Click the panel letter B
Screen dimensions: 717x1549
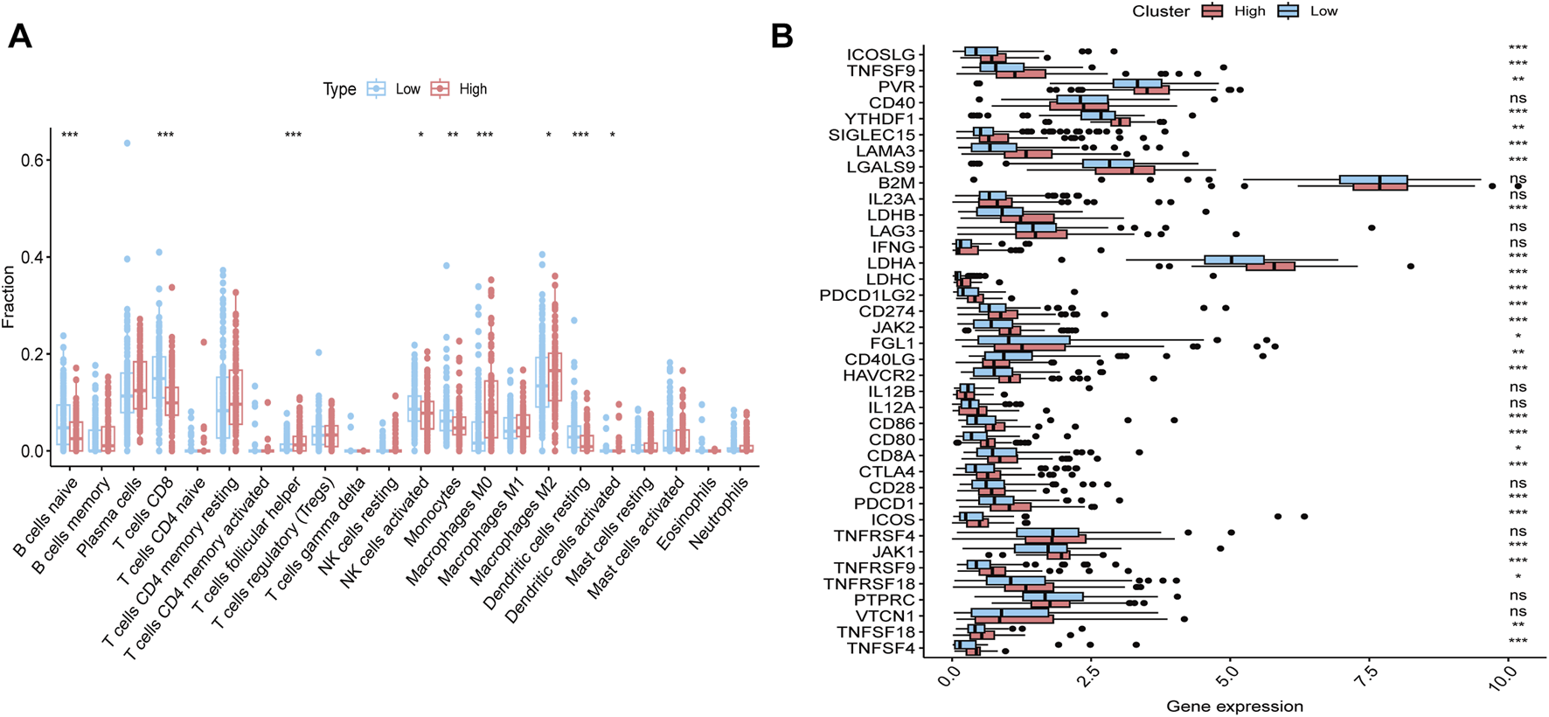[x=781, y=36]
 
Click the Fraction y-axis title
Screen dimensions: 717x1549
[x=10, y=298]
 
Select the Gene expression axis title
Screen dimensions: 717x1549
[x=1233, y=707]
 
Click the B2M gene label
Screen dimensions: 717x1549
[x=896, y=183]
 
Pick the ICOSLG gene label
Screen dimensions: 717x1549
[x=879, y=55]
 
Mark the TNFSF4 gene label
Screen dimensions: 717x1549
[x=880, y=648]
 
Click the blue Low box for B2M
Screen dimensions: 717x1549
[x=1372, y=180]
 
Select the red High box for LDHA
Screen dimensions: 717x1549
[x=1270, y=266]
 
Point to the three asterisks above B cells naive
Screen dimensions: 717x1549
[x=70, y=136]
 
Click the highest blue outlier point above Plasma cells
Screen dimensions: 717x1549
[x=127, y=143]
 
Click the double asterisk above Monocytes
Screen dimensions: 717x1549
[x=453, y=136]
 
